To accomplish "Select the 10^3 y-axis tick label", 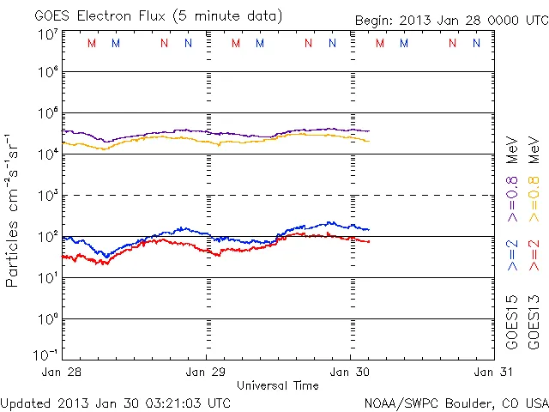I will point(47,196).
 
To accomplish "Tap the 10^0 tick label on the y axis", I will point(47,319).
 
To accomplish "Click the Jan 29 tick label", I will point(207,372).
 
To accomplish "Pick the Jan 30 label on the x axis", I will point(350,372).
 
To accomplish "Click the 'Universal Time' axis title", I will point(277,385).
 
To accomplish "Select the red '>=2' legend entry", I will point(533,254).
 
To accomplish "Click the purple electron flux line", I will point(257,136).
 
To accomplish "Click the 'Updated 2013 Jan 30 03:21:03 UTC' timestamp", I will point(116,402).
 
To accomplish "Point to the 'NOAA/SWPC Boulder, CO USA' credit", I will point(455,402).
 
